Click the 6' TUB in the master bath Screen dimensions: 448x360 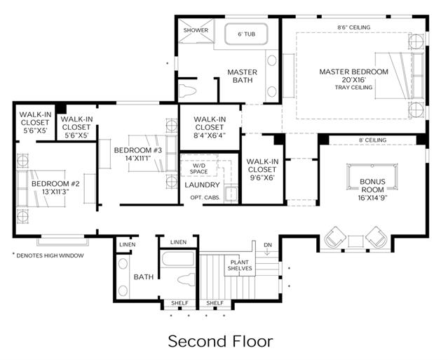point(246,34)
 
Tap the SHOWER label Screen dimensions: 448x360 point(196,30)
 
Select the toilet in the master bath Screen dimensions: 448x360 point(187,91)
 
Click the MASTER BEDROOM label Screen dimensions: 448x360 point(354,72)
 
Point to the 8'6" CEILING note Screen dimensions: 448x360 point(354,27)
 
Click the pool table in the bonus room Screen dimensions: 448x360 point(372,176)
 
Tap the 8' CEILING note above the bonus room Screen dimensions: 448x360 point(372,140)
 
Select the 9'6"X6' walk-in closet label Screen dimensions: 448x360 point(262,170)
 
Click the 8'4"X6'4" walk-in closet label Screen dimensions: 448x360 point(210,127)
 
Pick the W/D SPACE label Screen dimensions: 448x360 point(198,168)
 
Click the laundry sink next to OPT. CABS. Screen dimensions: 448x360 point(231,194)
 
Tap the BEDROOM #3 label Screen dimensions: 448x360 point(138,150)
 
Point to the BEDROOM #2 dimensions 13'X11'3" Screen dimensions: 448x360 point(56,192)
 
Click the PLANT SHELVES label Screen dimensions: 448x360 point(240,265)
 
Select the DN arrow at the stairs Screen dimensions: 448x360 point(267,251)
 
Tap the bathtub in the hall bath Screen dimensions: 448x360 point(177,259)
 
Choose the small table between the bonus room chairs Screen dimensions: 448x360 point(355,241)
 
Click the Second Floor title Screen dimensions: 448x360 point(220,342)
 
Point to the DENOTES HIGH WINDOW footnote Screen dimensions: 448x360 point(48,255)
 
